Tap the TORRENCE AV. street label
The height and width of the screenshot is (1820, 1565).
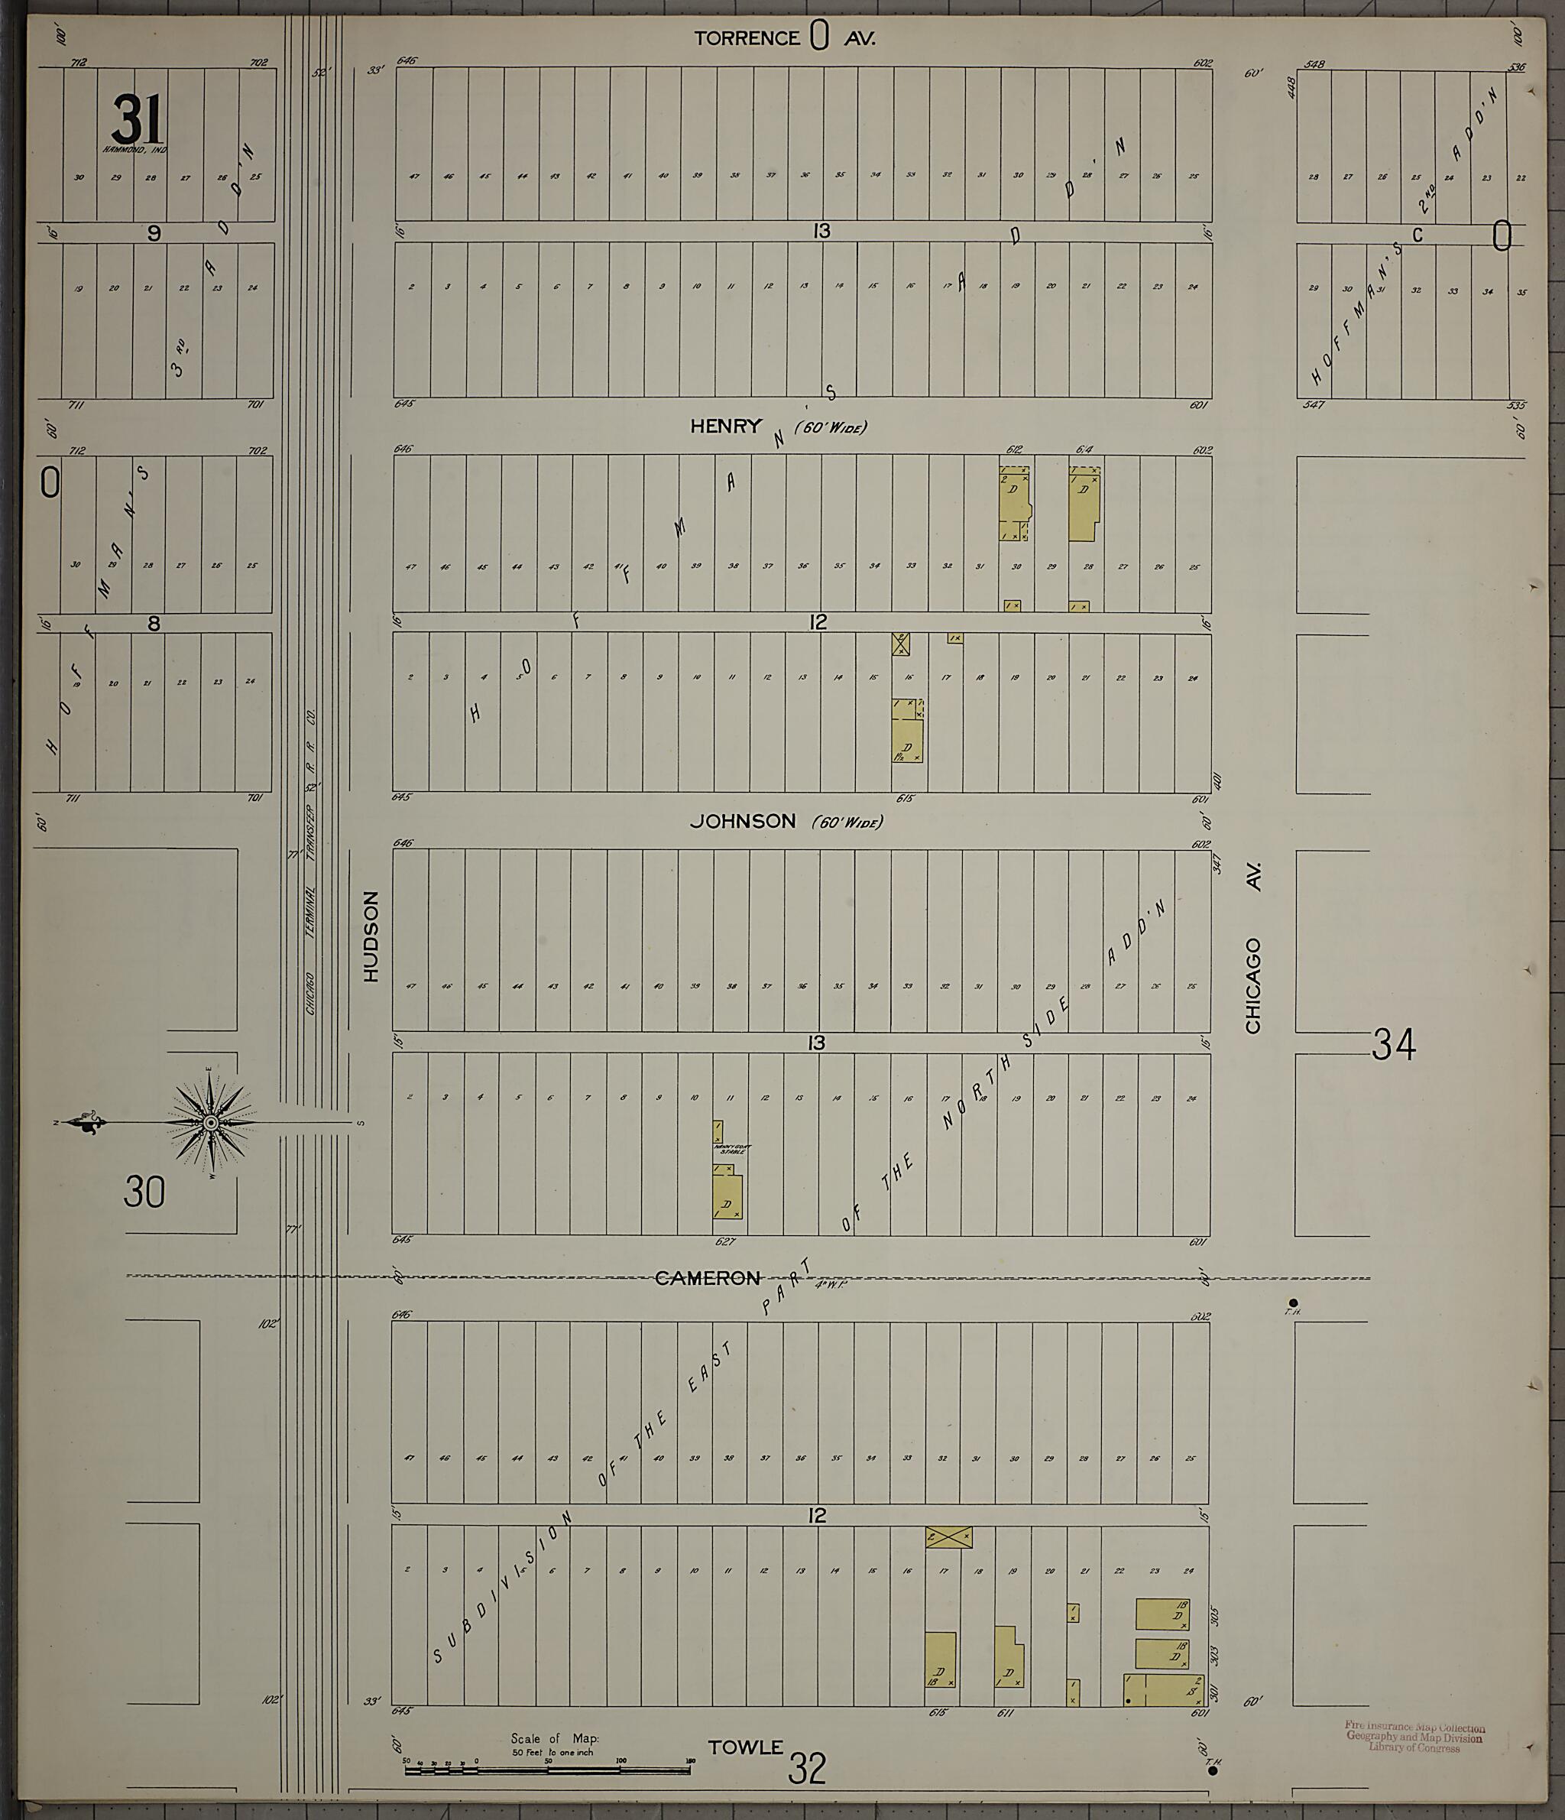click(x=784, y=37)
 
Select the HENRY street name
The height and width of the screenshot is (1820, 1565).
click(x=725, y=426)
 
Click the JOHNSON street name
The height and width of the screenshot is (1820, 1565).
click(x=742, y=820)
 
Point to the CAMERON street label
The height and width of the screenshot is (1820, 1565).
click(x=708, y=1278)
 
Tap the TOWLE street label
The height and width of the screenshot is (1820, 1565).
click(x=745, y=1748)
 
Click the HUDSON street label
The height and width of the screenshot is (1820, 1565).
click(x=371, y=936)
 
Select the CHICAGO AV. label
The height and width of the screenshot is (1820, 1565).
click(x=1253, y=949)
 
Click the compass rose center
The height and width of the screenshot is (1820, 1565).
click(x=212, y=1123)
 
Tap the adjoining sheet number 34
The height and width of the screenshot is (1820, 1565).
click(x=1394, y=1045)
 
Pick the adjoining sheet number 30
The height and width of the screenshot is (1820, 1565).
click(x=144, y=1192)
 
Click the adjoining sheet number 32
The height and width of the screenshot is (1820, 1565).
click(x=806, y=1769)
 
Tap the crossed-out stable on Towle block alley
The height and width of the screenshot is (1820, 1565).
click(x=948, y=1537)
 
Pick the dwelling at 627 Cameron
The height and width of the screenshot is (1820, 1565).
click(x=728, y=1196)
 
